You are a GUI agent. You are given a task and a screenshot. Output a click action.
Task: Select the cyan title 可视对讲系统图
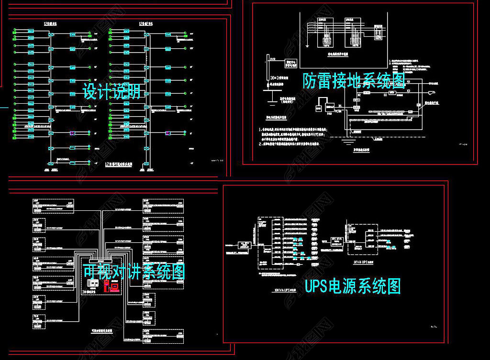134,272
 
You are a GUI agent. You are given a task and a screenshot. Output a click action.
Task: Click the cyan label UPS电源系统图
353,286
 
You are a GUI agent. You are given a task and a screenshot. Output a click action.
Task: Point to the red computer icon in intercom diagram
114,286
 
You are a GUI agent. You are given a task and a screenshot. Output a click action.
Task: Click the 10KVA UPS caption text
281,289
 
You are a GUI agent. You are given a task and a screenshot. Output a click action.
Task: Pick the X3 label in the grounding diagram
408,90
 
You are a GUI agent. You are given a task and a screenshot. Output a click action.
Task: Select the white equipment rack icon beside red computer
95,285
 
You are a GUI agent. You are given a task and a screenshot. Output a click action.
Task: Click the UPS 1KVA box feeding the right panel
337,239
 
